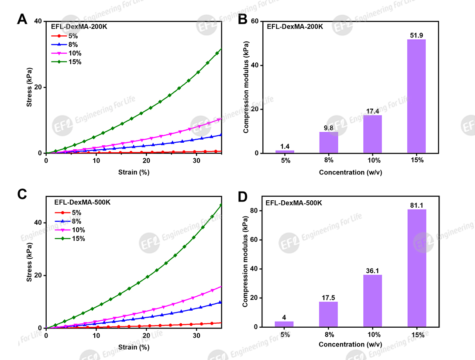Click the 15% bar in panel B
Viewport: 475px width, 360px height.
416,96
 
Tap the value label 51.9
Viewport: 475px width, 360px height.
416,35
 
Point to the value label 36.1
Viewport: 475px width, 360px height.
373,271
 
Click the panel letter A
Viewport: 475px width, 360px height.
23,19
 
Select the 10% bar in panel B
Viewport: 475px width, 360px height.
373,134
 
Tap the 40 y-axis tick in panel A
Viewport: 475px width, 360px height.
38,21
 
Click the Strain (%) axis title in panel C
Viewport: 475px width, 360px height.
134,347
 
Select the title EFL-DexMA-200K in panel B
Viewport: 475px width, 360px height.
295,27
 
